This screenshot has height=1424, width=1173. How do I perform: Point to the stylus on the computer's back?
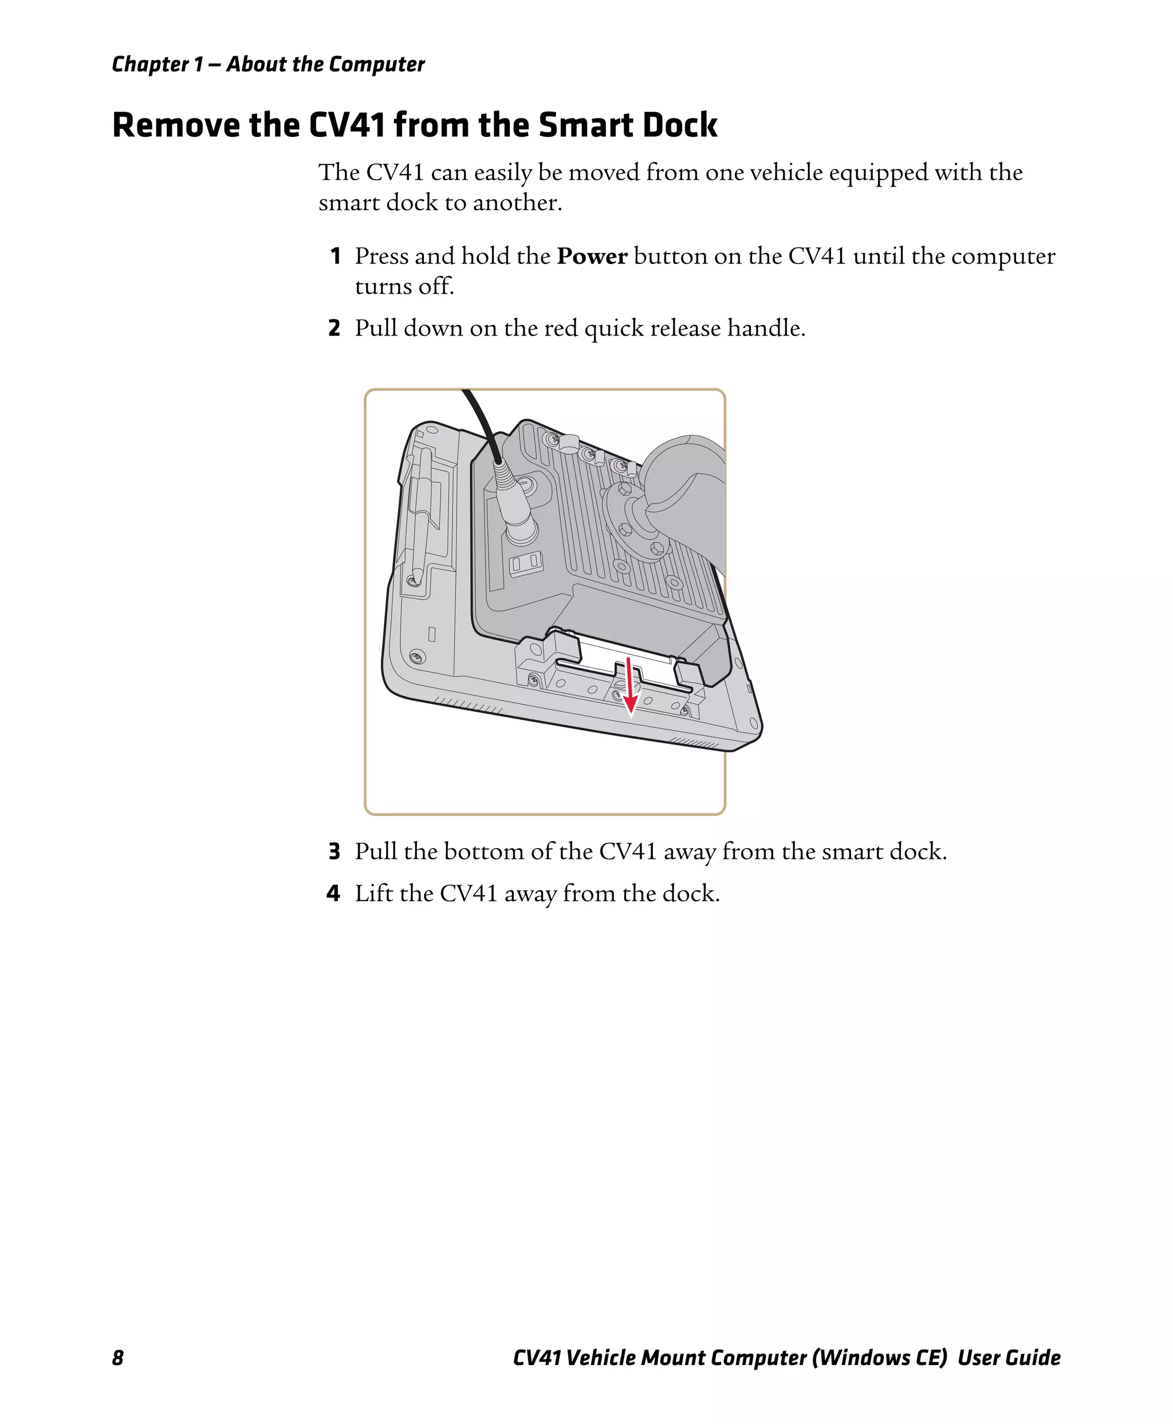[x=420, y=514]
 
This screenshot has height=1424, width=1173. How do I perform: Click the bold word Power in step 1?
[x=592, y=257]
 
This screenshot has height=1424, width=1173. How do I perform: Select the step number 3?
[x=334, y=852]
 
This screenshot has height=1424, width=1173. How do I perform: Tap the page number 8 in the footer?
[x=117, y=1358]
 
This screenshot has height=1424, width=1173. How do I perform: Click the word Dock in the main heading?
[x=680, y=125]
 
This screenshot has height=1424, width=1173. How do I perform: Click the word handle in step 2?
[x=766, y=328]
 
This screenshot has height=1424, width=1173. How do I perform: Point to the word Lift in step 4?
[x=375, y=894]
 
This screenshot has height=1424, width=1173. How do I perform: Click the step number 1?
[x=334, y=257]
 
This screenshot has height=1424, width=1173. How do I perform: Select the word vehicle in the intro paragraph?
[x=786, y=173]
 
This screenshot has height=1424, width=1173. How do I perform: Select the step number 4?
[x=334, y=894]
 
